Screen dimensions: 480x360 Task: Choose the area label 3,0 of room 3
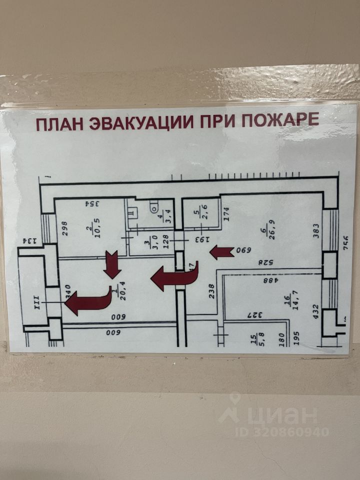148,246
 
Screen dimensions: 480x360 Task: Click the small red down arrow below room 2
111,266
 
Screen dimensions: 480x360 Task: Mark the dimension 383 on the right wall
316,230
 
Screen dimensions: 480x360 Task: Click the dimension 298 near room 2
64,228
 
